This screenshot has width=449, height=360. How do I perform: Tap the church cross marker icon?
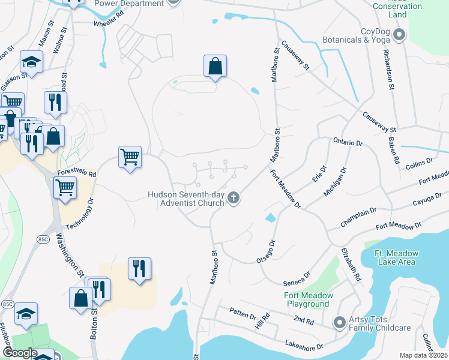pos(234,198)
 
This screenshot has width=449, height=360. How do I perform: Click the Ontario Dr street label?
pos(348,142)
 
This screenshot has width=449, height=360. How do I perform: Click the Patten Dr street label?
pos(243,312)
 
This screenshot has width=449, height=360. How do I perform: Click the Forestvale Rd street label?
pos(77,172)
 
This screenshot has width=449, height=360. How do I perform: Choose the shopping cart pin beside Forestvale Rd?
pos(130,157)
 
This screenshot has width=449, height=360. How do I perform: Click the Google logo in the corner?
pos(19,353)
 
